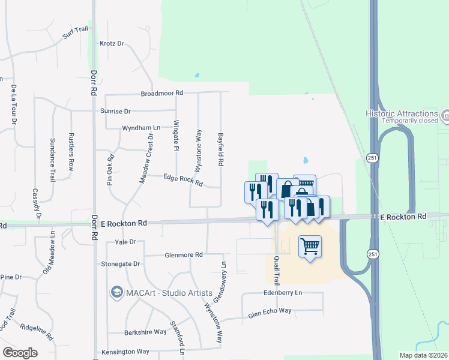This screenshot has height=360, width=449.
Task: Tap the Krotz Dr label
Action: (112, 44)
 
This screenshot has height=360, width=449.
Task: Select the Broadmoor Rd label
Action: (161, 94)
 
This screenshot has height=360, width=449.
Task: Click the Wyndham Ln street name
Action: (142, 128)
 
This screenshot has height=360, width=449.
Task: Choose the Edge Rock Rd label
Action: (184, 179)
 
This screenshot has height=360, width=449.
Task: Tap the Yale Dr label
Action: (125, 242)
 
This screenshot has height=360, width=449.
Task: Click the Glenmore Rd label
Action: (184, 254)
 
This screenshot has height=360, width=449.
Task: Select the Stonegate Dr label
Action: (120, 263)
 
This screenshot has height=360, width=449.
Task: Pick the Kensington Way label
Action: (125, 352)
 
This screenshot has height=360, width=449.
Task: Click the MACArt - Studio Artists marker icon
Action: (116, 293)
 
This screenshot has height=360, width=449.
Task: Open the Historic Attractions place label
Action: (402, 113)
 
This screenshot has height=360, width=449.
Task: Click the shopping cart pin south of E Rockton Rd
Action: (310, 245)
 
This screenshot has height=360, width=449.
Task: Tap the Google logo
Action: (20, 353)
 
